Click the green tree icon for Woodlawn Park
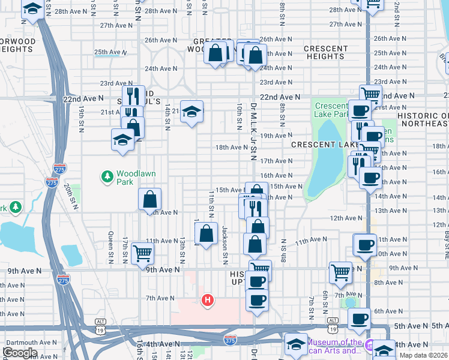pyautogui.click(x=107, y=176)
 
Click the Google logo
pyautogui.click(x=20, y=353)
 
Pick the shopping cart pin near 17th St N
pyautogui.click(x=142, y=253)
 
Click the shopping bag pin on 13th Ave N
pyautogui.click(x=150, y=199)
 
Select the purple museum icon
pyautogui.click(x=370, y=345)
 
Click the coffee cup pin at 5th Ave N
pyautogui.click(x=360, y=319)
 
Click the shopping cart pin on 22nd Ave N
pyautogui.click(x=370, y=94)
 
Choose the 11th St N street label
pyautogui.click(x=211, y=205)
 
